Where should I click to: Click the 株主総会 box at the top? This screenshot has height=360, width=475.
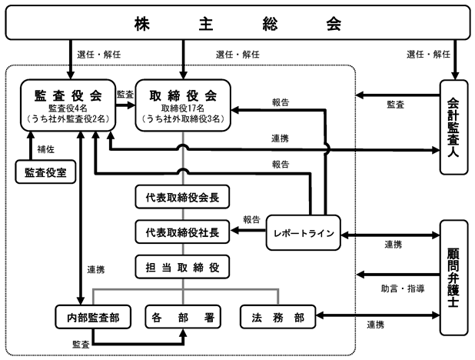click(237, 23)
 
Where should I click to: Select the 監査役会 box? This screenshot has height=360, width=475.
click(68, 105)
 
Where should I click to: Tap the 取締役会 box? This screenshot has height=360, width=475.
click(183, 105)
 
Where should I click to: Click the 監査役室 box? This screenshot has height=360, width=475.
click(45, 172)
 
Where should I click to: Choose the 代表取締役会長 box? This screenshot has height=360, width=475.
click(182, 197)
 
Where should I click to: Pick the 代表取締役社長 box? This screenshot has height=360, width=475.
click(182, 232)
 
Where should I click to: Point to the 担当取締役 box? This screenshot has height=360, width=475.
click(182, 267)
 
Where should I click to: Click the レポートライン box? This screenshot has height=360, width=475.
click(304, 232)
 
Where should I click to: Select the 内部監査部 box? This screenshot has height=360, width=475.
click(93, 317)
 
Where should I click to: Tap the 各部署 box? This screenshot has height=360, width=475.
click(183, 317)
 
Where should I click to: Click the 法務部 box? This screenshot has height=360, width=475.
click(277, 317)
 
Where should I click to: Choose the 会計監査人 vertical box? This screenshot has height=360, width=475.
click(453, 127)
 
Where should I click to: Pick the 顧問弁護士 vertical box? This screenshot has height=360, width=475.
click(453, 278)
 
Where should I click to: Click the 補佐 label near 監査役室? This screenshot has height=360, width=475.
click(46, 149)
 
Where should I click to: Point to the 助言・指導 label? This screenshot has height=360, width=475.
click(403, 288)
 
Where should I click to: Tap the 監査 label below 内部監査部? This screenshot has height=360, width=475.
click(81, 344)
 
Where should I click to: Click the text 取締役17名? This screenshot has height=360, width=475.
click(183, 108)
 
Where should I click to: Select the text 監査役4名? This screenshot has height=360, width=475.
click(68, 108)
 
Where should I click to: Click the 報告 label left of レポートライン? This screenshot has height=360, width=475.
click(251, 219)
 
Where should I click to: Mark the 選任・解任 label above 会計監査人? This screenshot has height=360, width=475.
click(428, 55)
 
